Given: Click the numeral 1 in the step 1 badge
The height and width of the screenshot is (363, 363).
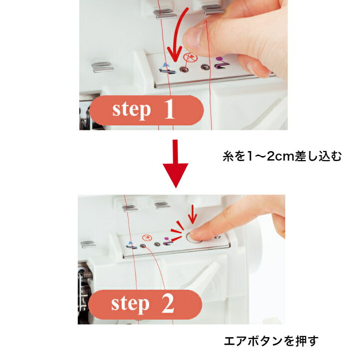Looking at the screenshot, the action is (x=170, y=109).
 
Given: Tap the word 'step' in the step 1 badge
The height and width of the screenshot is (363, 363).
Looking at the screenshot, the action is (x=132, y=111).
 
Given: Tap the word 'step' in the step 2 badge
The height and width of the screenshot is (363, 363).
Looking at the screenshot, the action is (x=130, y=305).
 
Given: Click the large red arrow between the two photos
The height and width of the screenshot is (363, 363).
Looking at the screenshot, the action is (x=175, y=163).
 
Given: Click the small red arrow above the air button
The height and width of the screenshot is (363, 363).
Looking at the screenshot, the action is (x=192, y=214).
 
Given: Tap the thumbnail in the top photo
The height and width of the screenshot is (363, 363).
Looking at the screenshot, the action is (x=192, y=37).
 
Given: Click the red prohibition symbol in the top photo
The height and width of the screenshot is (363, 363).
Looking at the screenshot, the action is (x=190, y=57).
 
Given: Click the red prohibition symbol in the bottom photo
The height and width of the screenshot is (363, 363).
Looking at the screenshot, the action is (x=147, y=238).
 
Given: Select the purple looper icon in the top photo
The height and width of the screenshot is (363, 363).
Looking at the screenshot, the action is (x=221, y=63).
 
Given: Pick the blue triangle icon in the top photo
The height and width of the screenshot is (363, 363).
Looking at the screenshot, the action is (x=165, y=65).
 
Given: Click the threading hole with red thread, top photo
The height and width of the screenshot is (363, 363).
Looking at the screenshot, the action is (x=184, y=69).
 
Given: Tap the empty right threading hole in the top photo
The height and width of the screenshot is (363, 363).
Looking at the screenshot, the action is (x=205, y=68).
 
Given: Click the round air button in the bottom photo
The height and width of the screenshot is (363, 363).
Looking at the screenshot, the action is (x=194, y=238).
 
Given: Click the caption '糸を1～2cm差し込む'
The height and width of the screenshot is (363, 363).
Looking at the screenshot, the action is (x=282, y=156).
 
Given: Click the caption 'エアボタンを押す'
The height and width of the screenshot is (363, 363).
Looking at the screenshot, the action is (x=271, y=341).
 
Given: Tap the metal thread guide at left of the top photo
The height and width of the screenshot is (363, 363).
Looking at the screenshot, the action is (x=102, y=67).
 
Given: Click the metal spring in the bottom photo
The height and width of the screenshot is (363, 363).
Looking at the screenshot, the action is (x=87, y=275).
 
